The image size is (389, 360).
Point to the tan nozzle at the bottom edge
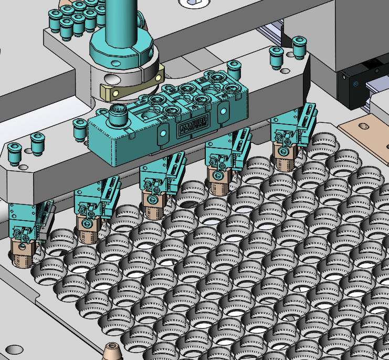pos(111,351)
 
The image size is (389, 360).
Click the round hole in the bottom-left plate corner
pos(14,348)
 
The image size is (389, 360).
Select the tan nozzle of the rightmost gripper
pos(284,161)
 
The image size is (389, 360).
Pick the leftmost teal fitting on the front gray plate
pos(15,153)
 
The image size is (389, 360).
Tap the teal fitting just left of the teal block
pos(80,129)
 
